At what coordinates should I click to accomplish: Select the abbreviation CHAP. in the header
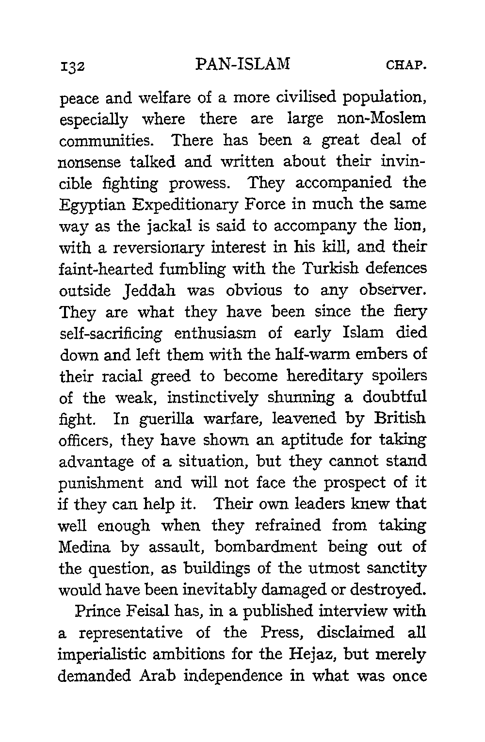[406, 65]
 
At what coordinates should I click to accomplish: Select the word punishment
[101, 484]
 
